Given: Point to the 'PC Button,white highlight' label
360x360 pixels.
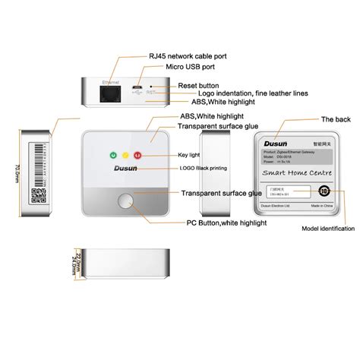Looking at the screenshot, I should coord(226,223).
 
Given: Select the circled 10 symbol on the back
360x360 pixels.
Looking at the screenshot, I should coord(324,192).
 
